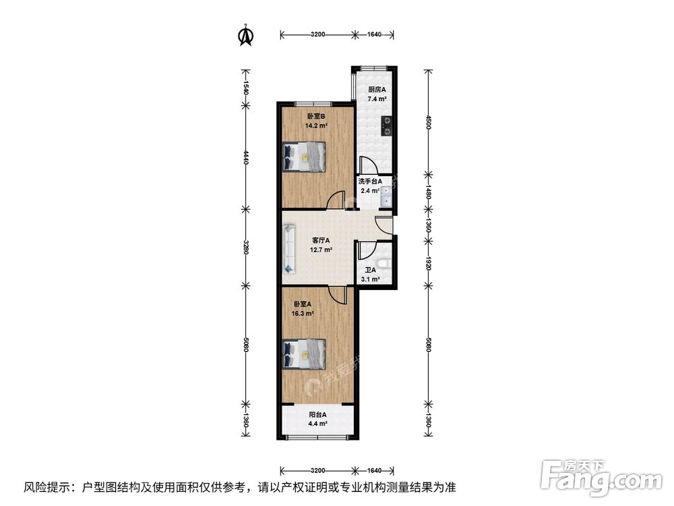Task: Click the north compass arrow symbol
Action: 246,36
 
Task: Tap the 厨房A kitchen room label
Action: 377,89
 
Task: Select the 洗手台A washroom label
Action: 370,181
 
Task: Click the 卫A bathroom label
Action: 370,270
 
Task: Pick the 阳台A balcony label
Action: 317,414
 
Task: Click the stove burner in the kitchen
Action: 387,125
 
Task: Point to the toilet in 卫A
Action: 385,262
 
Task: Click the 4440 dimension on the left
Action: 246,157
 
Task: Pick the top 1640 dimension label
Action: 375,34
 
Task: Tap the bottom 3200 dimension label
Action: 318,470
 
